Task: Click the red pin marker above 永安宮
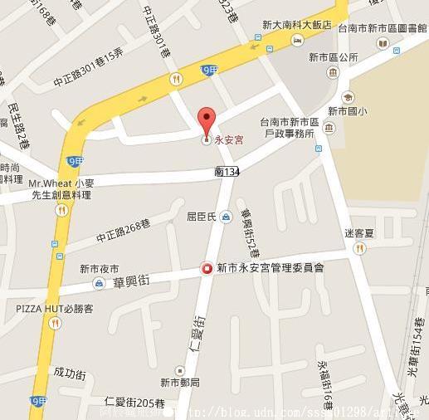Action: [207, 118]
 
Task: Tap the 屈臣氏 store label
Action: [200, 217]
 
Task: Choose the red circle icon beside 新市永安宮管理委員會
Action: [206, 268]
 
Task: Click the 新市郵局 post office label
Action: [180, 383]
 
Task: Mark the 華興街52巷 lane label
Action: [249, 233]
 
